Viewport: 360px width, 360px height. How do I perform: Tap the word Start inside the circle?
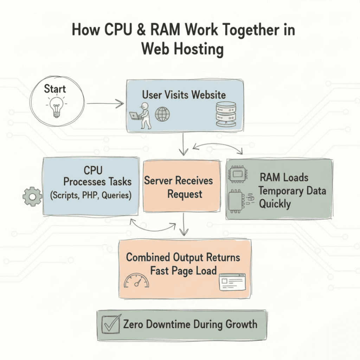click(x=55, y=89)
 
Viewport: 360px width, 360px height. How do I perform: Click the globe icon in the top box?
click(x=162, y=114)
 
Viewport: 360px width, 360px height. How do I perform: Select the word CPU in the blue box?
click(x=93, y=171)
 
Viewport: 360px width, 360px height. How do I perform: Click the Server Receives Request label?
click(x=178, y=187)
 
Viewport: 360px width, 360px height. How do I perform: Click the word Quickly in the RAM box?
click(x=275, y=204)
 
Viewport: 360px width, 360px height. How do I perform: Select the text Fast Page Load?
click(x=183, y=271)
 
